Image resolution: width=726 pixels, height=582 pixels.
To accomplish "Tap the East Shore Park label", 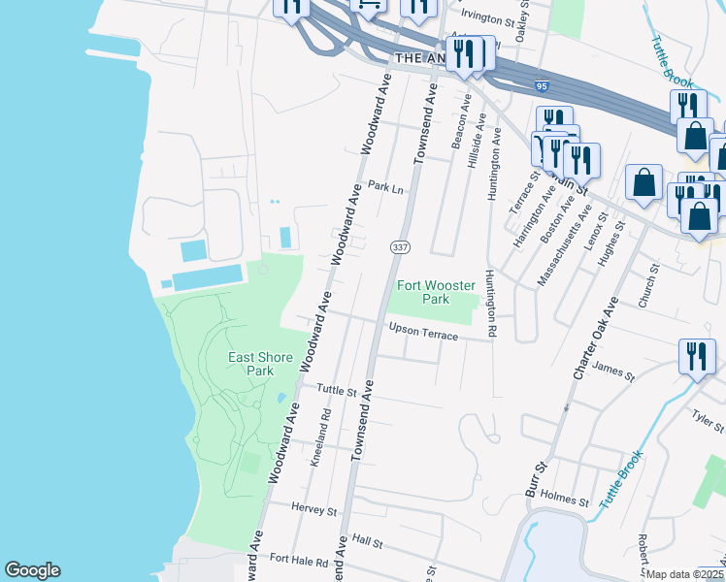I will point(260,364).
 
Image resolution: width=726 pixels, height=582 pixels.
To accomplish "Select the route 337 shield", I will point(399,248).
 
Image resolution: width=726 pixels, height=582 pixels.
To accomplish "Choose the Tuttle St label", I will point(338,389).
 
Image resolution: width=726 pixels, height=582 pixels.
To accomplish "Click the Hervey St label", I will point(313,509).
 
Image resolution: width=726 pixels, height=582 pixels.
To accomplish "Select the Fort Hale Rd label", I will point(293,559).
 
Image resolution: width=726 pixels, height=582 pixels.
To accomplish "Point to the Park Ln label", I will point(385,187).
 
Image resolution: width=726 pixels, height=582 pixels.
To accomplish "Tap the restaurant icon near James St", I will point(696,356).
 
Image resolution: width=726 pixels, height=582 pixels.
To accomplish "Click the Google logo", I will point(32,570).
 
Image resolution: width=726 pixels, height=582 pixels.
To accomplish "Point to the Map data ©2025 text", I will point(685,574).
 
